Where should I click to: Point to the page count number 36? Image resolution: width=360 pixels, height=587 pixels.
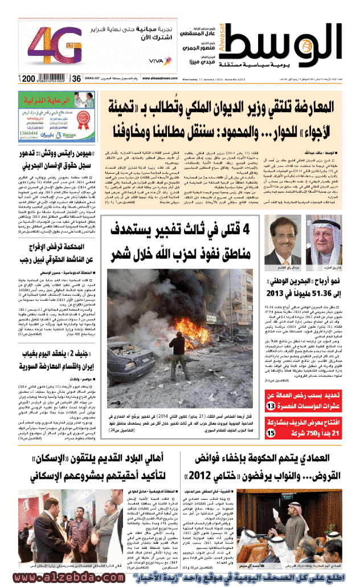point(75,79)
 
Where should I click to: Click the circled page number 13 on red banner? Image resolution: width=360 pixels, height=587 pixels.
point(271,405)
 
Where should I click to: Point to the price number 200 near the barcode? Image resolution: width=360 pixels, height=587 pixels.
point(29,78)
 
